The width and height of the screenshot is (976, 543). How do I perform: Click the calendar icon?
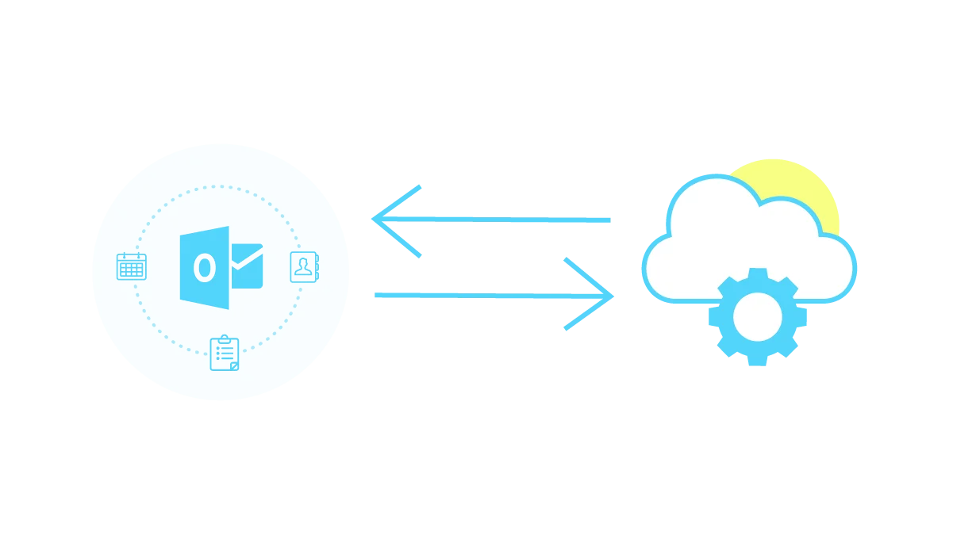pyautogui.click(x=131, y=266)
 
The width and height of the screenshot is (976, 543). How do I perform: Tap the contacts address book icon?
pyautogui.click(x=304, y=267)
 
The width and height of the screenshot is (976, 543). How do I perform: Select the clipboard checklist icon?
pyautogui.click(x=224, y=354)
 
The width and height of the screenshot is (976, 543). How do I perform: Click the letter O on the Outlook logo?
pyautogui.click(x=205, y=268)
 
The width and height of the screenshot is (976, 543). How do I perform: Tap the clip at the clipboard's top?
pyautogui.click(x=224, y=338)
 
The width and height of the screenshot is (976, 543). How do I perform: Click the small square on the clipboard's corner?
pyautogui.click(x=234, y=365)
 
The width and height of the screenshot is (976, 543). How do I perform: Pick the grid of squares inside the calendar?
pyautogui.click(x=131, y=270)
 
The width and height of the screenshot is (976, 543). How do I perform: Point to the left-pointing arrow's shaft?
pyautogui.click(x=516, y=220)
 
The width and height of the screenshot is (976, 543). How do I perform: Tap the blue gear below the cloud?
pyautogui.click(x=757, y=317)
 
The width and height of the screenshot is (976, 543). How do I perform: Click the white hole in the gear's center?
pyautogui.click(x=757, y=317)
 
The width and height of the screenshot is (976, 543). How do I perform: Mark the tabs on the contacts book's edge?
pyautogui.click(x=317, y=267)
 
